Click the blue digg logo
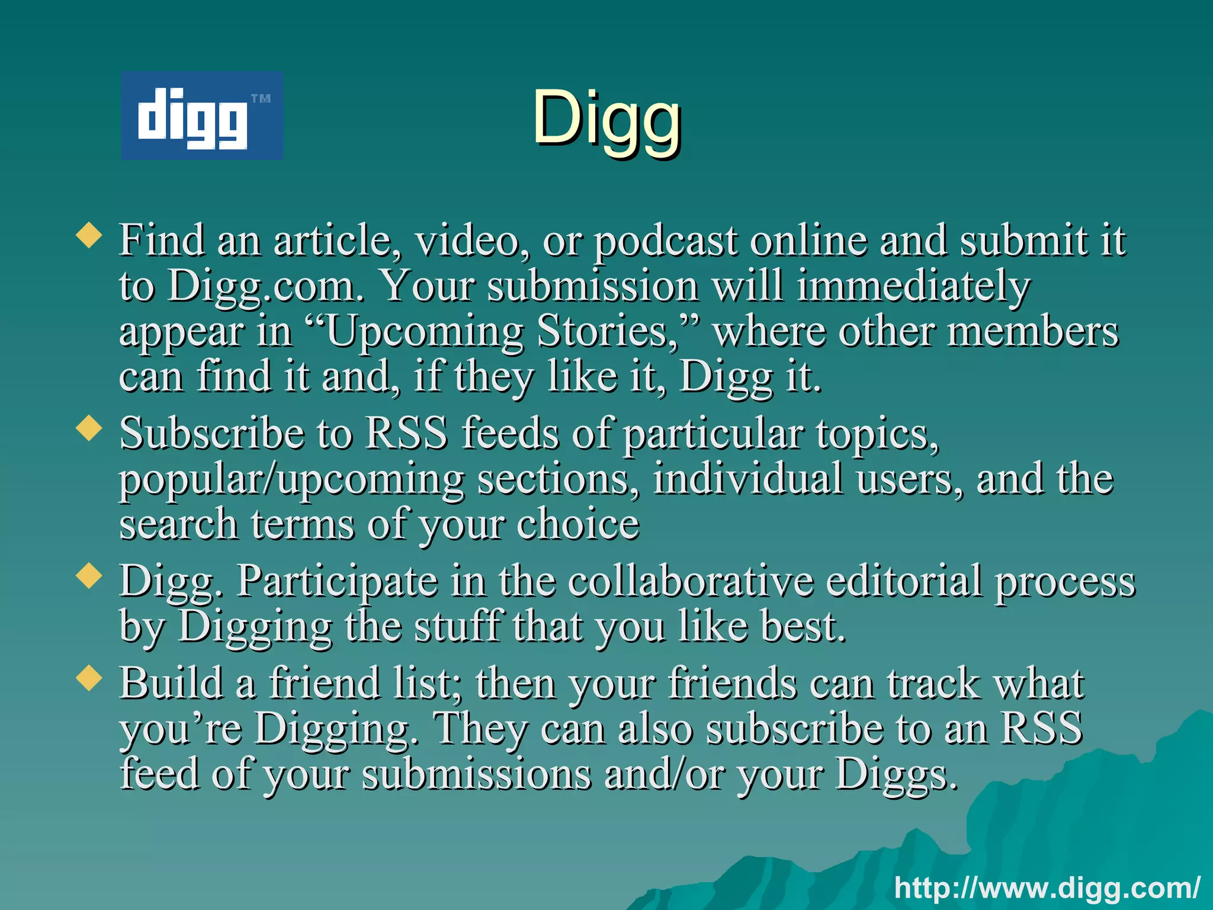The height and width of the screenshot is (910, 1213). (201, 116)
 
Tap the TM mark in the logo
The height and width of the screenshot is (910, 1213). (261, 98)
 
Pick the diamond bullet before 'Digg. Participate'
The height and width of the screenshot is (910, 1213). (89, 576)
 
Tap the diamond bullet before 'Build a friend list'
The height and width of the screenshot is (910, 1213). (89, 678)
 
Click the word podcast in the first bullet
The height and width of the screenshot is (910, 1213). (666, 242)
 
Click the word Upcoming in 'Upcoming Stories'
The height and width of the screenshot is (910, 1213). (424, 332)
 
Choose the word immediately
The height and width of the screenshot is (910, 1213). (913, 287)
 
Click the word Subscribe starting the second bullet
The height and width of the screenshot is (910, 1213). (211, 433)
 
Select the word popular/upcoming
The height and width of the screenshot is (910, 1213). (291, 479)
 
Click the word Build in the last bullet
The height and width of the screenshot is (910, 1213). (171, 683)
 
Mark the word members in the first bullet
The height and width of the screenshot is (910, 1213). (1033, 332)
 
